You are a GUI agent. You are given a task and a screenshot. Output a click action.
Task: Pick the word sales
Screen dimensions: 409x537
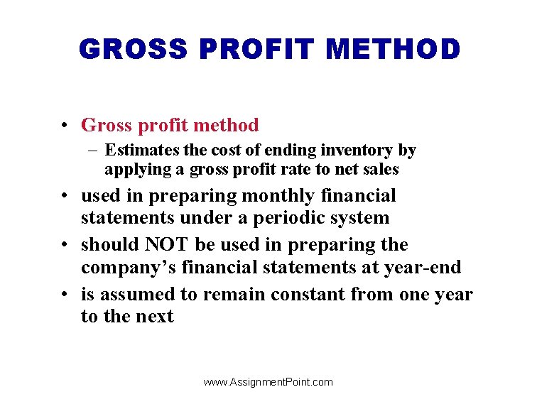pyautogui.click(x=382, y=170)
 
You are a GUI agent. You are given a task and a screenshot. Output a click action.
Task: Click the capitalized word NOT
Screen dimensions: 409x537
pyautogui.click(x=168, y=245)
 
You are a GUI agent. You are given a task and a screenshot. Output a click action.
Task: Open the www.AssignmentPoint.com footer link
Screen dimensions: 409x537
pyautogui.click(x=268, y=382)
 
